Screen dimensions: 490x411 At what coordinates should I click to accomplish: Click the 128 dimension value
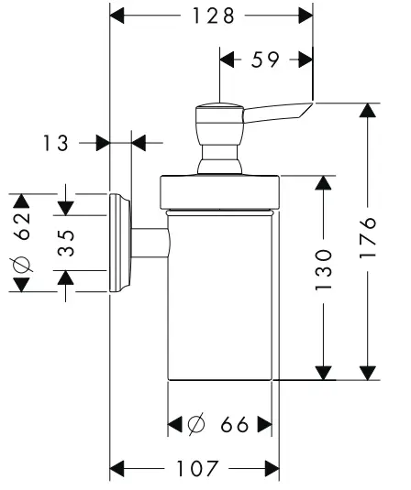click(x=212, y=16)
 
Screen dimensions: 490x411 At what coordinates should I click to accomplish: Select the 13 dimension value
click(x=57, y=142)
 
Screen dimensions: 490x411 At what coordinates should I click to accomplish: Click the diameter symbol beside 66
click(x=195, y=425)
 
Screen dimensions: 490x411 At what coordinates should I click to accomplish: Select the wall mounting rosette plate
click(x=119, y=243)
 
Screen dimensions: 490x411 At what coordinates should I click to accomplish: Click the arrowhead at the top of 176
click(x=368, y=111)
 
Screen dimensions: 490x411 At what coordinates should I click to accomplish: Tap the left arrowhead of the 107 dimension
click(x=117, y=470)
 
